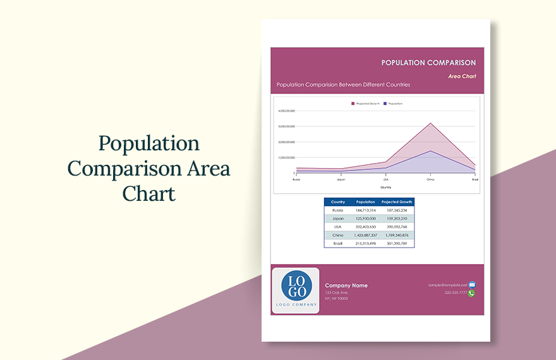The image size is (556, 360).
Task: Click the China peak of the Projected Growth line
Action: click(430, 123)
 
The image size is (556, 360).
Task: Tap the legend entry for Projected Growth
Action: click(367, 103)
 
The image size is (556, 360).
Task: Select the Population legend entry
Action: click(394, 103)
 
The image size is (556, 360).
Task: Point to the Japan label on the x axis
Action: click(341, 179)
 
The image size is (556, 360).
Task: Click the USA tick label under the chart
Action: click(385, 179)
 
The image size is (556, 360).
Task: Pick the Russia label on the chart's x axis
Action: click(296, 179)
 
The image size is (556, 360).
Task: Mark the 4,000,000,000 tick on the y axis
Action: click(286, 111)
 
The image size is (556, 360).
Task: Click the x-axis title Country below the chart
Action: click(385, 187)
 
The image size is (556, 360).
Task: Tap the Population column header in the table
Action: click(365, 202)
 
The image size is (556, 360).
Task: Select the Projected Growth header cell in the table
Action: click(397, 202)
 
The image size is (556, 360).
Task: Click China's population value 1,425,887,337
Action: click(365, 235)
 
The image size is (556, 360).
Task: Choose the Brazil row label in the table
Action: click(338, 243)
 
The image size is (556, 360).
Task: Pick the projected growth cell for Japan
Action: click(397, 219)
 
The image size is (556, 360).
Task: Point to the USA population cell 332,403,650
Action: click(365, 227)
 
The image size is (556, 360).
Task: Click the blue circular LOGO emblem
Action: click(296, 286)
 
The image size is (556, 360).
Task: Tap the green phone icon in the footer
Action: click(471, 293)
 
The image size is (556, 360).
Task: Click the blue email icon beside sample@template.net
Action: click(472, 285)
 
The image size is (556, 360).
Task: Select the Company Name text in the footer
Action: click(346, 285)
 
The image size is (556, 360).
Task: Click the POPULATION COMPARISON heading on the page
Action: click(428, 63)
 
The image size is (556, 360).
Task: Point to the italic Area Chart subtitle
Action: click(462, 76)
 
